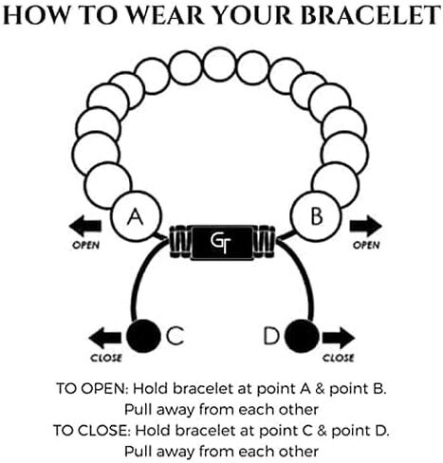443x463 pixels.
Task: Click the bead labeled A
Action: (x=136, y=216)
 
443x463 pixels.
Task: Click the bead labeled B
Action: (x=316, y=216)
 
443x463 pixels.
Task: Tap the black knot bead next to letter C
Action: (x=143, y=336)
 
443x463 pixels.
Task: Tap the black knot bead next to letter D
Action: (x=302, y=336)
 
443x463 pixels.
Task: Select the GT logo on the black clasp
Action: (x=221, y=243)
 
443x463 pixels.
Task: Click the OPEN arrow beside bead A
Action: (x=85, y=226)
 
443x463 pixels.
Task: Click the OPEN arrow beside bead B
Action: (x=366, y=226)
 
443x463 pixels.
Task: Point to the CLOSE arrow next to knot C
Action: (x=105, y=338)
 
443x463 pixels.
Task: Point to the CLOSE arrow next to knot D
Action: (x=339, y=338)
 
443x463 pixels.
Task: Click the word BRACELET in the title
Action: (x=370, y=15)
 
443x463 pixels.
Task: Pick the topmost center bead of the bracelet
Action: (x=219, y=65)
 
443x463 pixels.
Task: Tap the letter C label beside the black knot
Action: (x=175, y=336)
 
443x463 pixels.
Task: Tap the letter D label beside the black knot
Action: (x=271, y=336)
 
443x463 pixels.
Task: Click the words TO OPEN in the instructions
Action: (x=92, y=389)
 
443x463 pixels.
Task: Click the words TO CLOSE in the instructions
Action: (x=91, y=431)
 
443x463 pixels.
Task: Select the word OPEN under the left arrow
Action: (x=85, y=245)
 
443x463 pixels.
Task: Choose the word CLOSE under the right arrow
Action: (x=339, y=358)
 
